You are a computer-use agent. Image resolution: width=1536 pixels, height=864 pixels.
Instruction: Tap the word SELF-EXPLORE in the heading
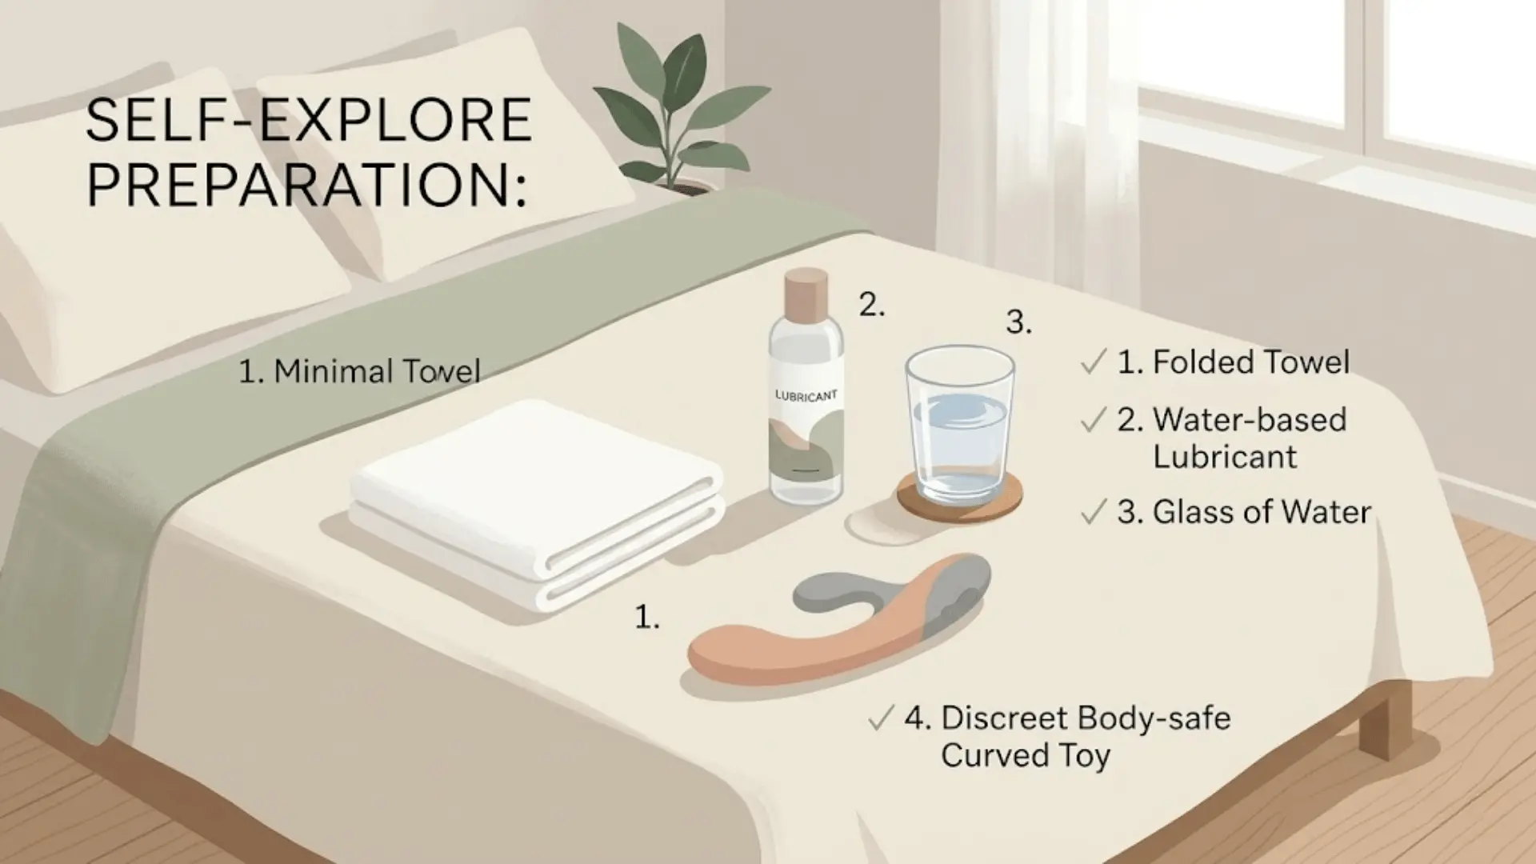[x=308, y=120]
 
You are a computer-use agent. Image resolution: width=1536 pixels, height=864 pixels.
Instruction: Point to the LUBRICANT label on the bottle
[x=806, y=396]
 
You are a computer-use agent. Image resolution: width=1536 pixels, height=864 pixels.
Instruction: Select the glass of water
[x=960, y=425]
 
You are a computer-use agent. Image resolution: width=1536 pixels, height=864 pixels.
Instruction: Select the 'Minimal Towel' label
[x=360, y=371]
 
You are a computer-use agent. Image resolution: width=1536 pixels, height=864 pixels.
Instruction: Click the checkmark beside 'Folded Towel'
[x=1093, y=362]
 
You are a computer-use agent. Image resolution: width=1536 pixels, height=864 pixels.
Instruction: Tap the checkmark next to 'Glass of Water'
[x=1093, y=512]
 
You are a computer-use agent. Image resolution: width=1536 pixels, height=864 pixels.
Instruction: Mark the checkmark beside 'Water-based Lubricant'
[x=1093, y=420]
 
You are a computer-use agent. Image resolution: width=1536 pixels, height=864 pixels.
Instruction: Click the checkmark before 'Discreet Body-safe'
[x=880, y=718]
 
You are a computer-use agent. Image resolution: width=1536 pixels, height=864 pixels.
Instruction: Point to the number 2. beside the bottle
[x=872, y=305]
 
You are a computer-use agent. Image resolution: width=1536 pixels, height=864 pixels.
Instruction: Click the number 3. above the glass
[x=1018, y=322]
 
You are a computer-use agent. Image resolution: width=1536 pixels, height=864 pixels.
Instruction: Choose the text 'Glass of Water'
[x=1262, y=512]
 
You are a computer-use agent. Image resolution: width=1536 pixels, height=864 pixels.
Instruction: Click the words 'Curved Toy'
[x=1026, y=755]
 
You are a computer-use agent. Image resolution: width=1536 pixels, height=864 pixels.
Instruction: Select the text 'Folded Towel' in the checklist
[x=1251, y=362]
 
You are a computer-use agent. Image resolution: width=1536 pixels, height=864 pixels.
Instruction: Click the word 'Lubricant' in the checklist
[x=1225, y=457]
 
